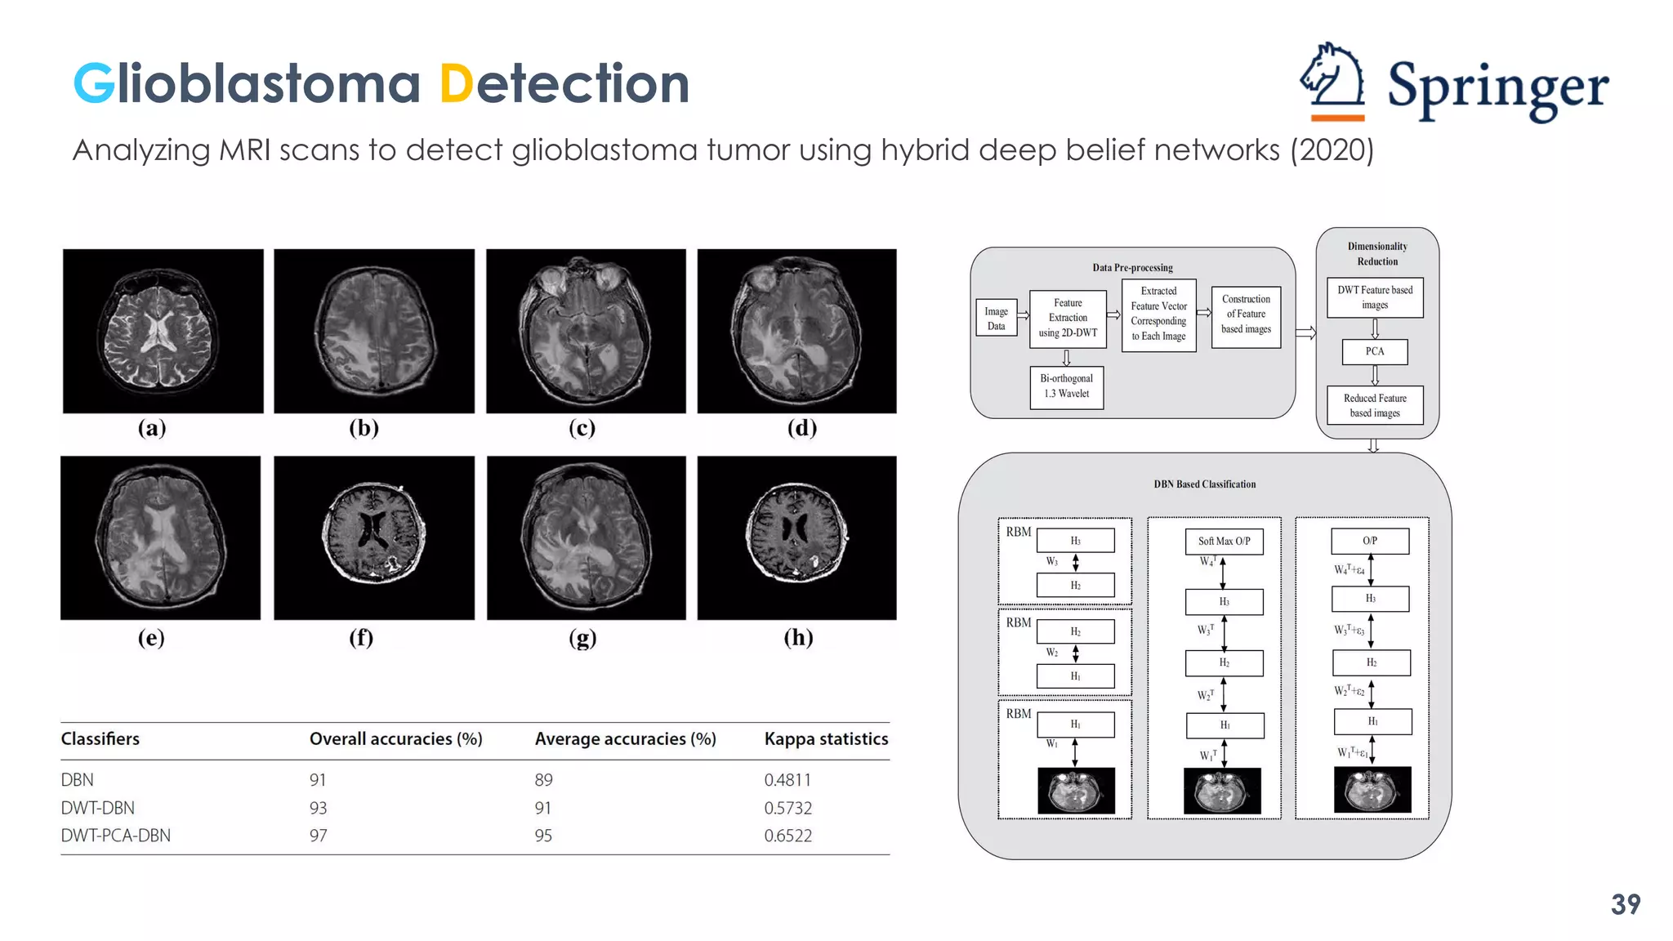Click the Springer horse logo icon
pyautogui.click(x=1332, y=82)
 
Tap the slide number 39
pyautogui.click(x=1625, y=904)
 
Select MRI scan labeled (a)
pyautogui.click(x=163, y=331)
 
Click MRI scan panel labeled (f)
pyautogui.click(x=373, y=537)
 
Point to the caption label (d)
pyautogui.click(x=801, y=428)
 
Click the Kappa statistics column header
pyautogui.click(x=825, y=739)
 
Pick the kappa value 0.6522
pyautogui.click(x=787, y=836)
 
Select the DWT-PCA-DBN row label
pyautogui.click(x=115, y=836)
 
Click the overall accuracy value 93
pyautogui.click(x=318, y=808)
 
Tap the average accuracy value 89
pyautogui.click(x=543, y=780)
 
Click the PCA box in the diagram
pyautogui.click(x=1375, y=351)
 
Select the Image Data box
pyautogui.click(x=996, y=319)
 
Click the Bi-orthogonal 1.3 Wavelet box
pyautogui.click(x=1066, y=386)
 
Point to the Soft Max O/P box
pyautogui.click(x=1224, y=541)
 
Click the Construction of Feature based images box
pyautogui.click(x=1246, y=314)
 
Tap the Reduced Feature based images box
pyautogui.click(x=1375, y=405)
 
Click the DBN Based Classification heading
pyautogui.click(x=1204, y=484)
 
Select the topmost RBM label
pyautogui.click(x=1018, y=532)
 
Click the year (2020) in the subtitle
pyautogui.click(x=1332, y=150)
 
